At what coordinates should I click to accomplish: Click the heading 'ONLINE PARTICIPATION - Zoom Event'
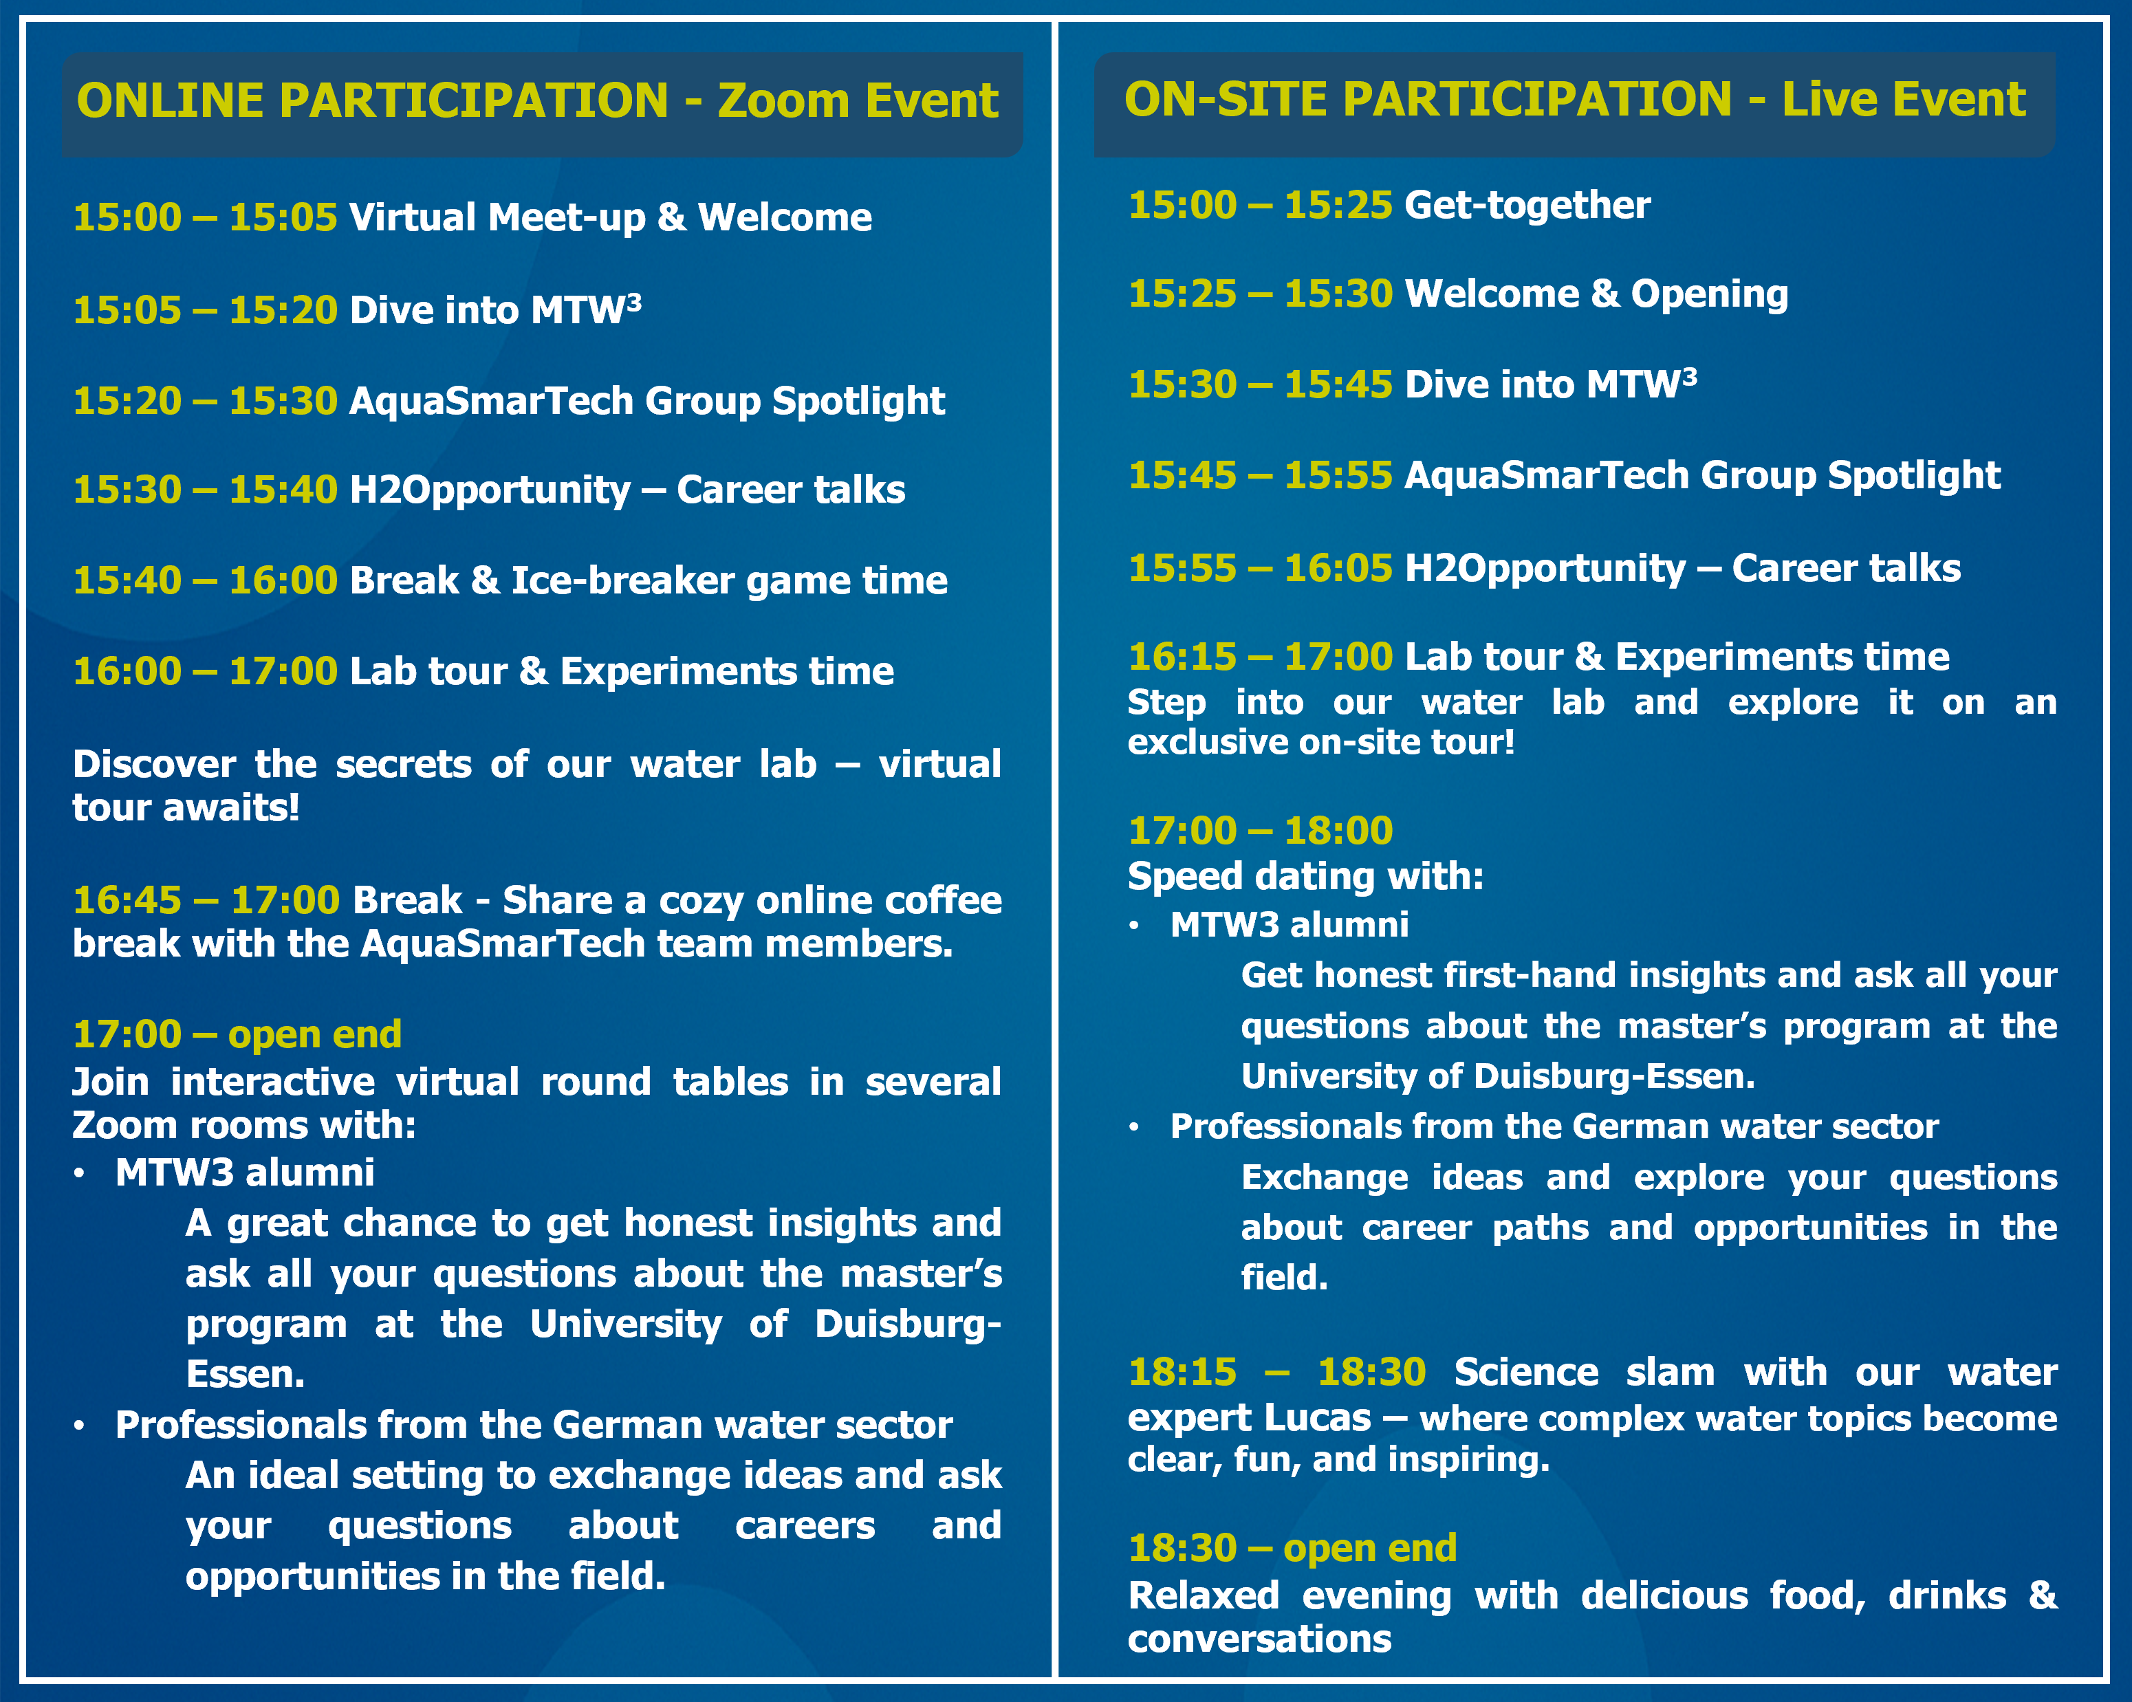coord(537,101)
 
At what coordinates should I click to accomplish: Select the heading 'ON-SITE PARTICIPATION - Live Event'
coord(1574,99)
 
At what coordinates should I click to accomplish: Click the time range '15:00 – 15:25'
coord(1260,206)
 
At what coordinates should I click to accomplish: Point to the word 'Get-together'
coord(1527,206)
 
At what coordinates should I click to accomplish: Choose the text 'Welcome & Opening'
coord(1596,294)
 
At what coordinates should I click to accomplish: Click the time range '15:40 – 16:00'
coord(206,580)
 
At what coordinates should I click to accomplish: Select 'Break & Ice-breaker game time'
coord(649,580)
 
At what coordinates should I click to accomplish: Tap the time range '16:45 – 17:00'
coord(206,900)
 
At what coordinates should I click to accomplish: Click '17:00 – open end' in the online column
coord(237,1034)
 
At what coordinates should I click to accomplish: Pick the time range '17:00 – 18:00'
coord(1260,831)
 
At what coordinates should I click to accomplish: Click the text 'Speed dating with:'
coord(1305,876)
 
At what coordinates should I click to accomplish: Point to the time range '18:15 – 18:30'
coord(1276,1372)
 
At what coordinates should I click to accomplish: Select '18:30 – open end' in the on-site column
coord(1292,1548)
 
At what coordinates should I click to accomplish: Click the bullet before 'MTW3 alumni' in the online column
coord(79,1174)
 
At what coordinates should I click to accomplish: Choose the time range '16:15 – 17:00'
coord(1260,657)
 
